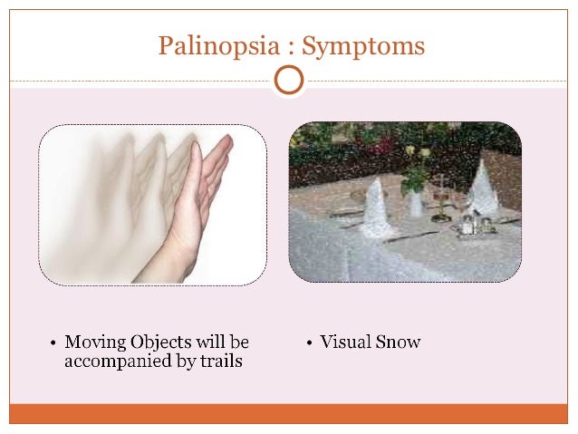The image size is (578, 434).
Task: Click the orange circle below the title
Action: [x=288, y=81]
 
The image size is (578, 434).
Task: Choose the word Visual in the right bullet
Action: [x=346, y=342]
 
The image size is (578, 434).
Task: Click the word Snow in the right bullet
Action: [x=400, y=342]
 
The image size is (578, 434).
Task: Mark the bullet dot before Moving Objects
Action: [x=53, y=343]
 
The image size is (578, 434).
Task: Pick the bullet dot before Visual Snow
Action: [x=310, y=343]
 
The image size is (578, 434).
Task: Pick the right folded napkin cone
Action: [x=482, y=191]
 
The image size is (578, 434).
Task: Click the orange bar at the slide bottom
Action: [x=288, y=413]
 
